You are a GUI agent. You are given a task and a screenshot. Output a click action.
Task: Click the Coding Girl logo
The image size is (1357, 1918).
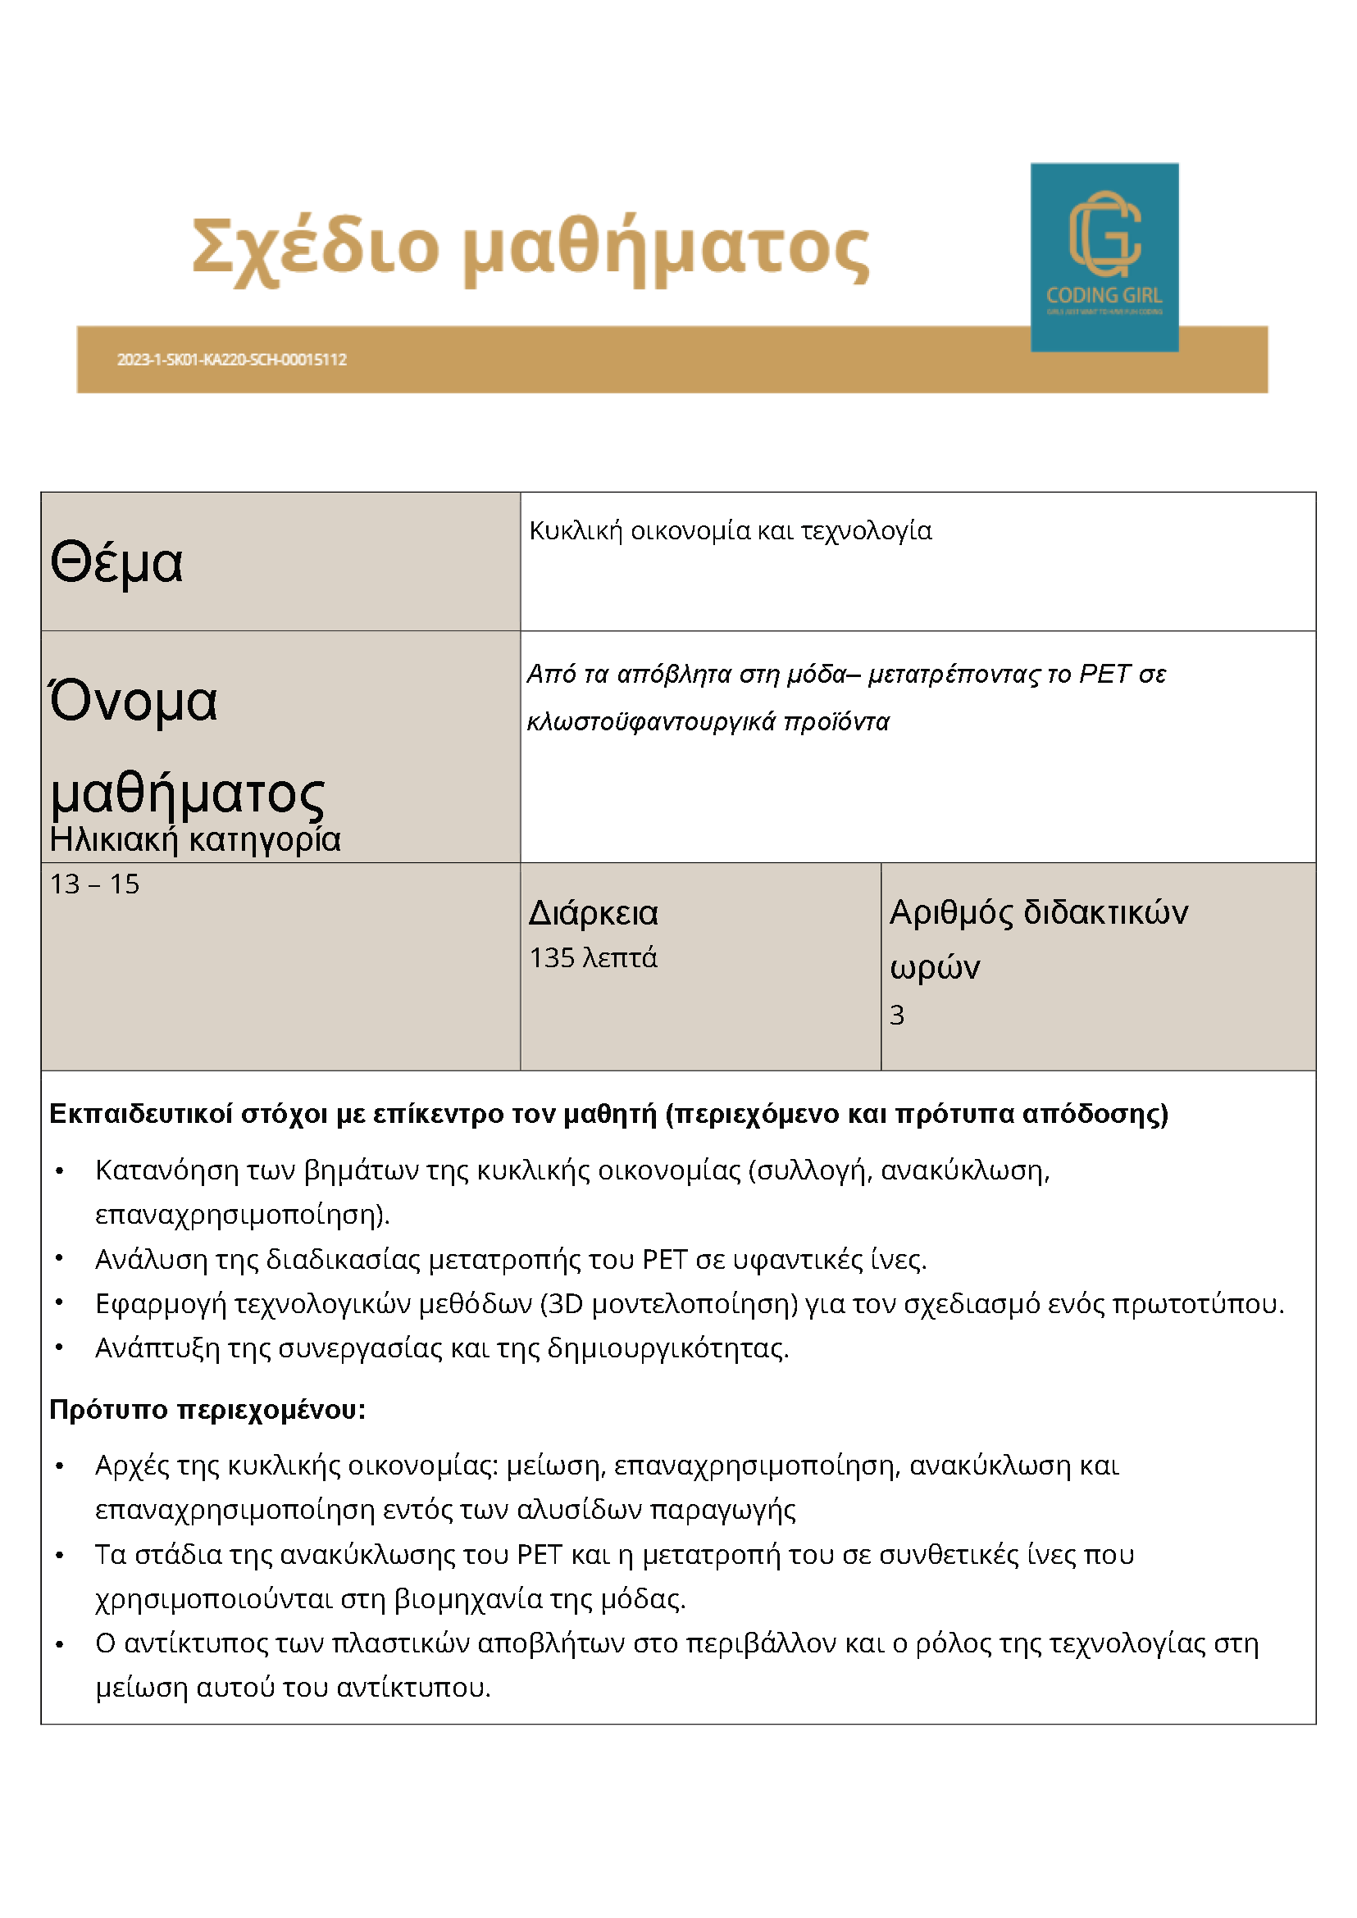coord(1104,257)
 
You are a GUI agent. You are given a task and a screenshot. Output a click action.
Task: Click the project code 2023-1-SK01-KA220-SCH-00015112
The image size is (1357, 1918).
coord(231,360)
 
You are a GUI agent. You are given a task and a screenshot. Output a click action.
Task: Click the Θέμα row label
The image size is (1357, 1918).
coord(116,562)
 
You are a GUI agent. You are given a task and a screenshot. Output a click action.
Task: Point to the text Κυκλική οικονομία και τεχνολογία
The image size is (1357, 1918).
coord(731,531)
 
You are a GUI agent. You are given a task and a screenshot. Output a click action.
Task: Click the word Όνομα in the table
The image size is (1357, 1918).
coord(134,701)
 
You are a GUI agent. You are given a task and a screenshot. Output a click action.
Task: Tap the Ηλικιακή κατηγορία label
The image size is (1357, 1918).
coord(194,839)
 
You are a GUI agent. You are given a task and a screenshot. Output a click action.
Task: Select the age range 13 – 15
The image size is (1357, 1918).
coord(94,884)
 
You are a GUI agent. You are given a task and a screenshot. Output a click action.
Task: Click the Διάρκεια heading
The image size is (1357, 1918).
coord(594,913)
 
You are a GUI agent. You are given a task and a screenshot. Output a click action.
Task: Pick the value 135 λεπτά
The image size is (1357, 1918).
coord(594,957)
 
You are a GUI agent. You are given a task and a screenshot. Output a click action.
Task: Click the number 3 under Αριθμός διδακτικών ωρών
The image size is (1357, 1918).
coord(896,1015)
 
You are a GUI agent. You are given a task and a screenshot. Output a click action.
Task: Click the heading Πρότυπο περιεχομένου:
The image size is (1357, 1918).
coord(207,1409)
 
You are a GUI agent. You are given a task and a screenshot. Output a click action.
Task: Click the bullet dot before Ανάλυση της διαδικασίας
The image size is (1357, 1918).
coord(59,1258)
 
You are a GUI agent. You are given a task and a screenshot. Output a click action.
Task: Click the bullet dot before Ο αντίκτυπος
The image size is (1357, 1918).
coord(59,1643)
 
